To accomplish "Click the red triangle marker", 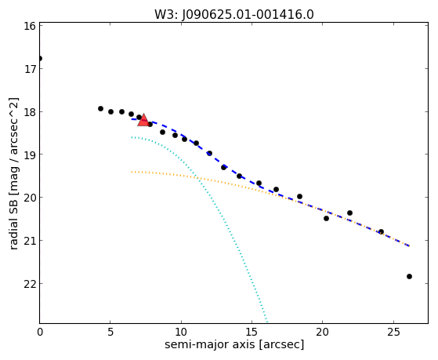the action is (143, 120).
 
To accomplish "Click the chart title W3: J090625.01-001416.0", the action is (234, 14).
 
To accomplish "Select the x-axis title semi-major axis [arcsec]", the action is (234, 344).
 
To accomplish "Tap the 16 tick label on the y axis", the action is (30, 26).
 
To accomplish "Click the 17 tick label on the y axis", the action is (30, 69).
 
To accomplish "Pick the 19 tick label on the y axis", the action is (30, 155).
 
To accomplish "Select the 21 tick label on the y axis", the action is (30, 241).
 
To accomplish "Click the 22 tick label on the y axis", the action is (30, 284).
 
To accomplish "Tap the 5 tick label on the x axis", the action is (110, 332).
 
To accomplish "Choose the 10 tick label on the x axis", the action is (181, 332).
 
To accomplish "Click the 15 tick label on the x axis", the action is (252, 332).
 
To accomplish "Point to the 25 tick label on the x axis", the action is (393, 332).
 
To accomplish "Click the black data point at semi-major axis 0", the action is (40, 59).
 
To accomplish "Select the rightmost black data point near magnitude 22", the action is (409, 276).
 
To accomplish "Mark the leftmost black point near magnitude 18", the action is (100, 108).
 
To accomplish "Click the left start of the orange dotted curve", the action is (132, 172).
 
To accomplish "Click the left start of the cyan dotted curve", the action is (132, 137).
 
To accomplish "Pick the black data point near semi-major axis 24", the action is (381, 231).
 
